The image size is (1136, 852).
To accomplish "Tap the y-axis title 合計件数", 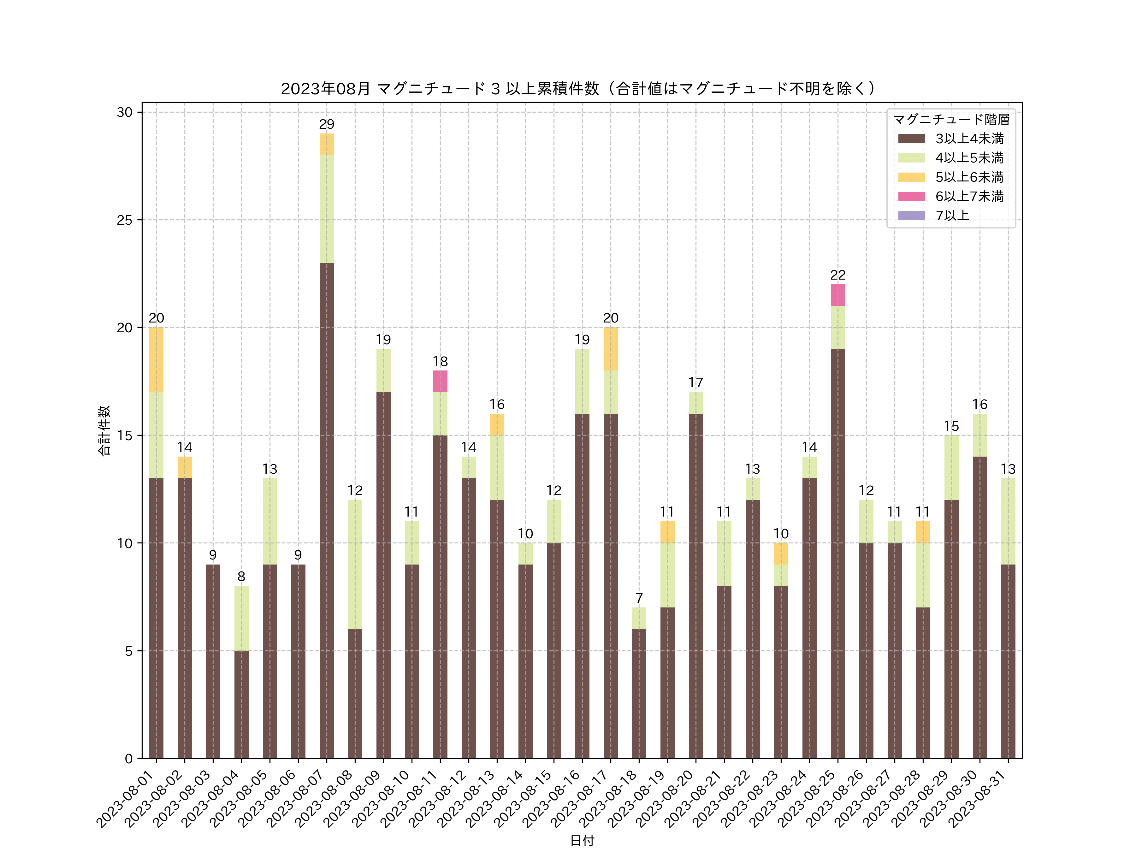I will pos(104,430).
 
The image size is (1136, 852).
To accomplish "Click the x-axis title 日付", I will pos(582,840).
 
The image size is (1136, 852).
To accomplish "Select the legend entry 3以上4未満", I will pos(968,139).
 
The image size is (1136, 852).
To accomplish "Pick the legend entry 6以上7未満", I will pos(968,196).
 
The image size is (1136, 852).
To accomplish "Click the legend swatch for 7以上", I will pos(911,216).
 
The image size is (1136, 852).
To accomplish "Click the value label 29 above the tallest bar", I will pos(327,124).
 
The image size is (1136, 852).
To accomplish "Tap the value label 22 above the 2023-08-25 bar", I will pos(837,275).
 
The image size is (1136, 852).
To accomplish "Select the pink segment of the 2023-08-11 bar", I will pos(440,381).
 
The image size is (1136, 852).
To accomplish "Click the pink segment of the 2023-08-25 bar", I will pos(837,295).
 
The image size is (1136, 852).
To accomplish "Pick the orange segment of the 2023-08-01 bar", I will pos(156,359).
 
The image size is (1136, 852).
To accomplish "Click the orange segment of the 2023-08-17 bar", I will pos(611,349).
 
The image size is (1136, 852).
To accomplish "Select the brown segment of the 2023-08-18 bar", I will pos(639,693).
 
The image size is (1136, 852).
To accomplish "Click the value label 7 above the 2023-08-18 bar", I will pos(639,598).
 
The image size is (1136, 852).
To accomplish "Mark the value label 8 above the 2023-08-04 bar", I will pos(241,577).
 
